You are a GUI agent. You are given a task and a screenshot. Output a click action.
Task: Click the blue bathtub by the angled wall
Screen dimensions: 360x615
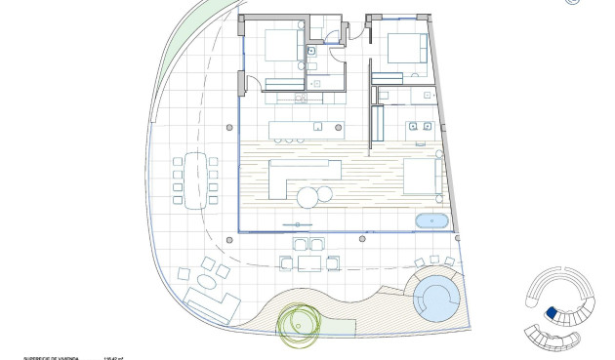click(x=431, y=220)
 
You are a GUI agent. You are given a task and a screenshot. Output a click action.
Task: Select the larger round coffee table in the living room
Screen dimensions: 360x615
click(x=308, y=197)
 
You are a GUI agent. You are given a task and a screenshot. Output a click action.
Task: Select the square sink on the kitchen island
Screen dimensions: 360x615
click(x=317, y=127)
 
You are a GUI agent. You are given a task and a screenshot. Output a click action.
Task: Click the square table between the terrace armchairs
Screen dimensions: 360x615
click(x=309, y=261)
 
